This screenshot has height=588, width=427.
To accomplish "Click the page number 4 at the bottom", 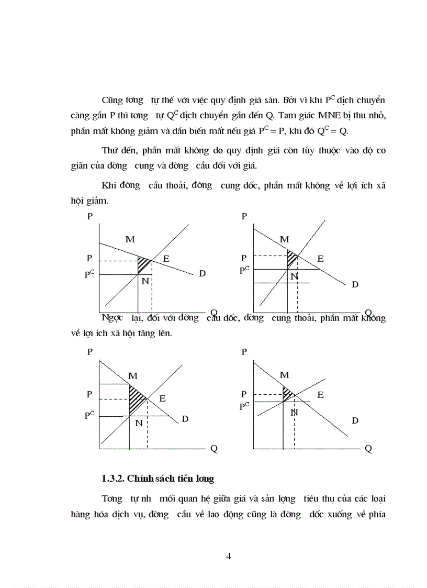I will [x=229, y=556].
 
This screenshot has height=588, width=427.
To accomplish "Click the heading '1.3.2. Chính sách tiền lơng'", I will [x=159, y=478].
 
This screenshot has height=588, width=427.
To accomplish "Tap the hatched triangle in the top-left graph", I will [x=142, y=264].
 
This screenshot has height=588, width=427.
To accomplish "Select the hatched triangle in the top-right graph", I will [x=291, y=258].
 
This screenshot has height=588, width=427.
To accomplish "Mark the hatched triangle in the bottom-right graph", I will [x=287, y=394].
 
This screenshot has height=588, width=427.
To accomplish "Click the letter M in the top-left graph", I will [x=130, y=239].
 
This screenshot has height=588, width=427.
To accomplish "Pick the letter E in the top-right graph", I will [x=320, y=259].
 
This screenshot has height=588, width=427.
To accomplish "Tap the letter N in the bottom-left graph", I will [x=139, y=423].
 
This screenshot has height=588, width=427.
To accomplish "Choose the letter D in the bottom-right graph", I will [x=355, y=420].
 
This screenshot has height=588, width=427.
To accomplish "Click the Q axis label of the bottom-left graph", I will [x=213, y=449].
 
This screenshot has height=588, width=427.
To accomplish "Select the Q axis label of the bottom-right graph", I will [x=368, y=449].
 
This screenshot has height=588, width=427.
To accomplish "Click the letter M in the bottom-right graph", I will [x=284, y=375].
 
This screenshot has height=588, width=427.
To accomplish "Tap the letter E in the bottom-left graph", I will [x=163, y=398].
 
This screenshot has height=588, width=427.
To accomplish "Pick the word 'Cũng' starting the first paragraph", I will [x=113, y=100].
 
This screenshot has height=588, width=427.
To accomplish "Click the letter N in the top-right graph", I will [x=294, y=276].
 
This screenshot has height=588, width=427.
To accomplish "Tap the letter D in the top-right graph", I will [x=355, y=284].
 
